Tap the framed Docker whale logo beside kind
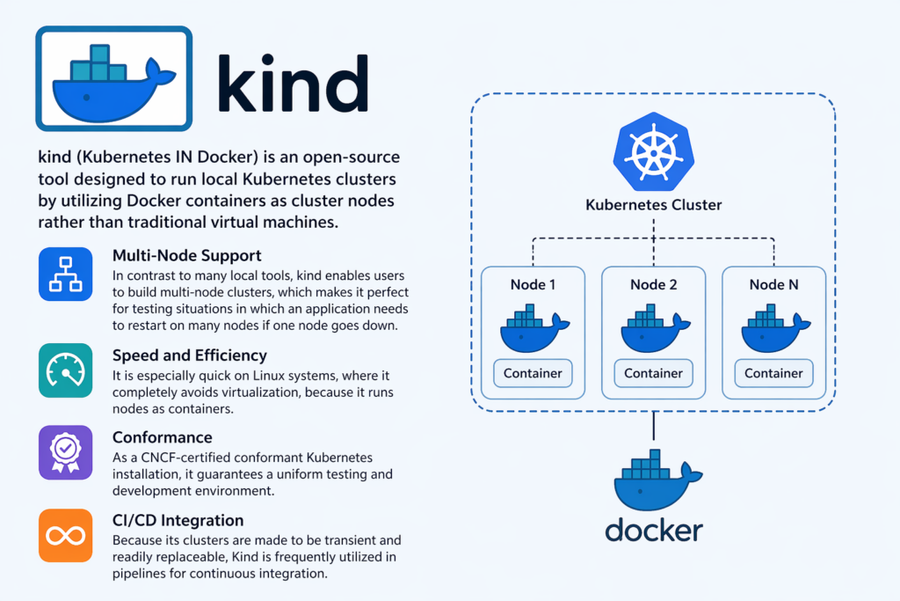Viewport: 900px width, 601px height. [x=113, y=79]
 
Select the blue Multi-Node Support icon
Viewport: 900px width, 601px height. [x=65, y=274]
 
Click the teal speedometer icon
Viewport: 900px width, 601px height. [x=65, y=370]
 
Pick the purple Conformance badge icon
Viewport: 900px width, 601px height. [x=65, y=452]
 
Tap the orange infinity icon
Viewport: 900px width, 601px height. [x=65, y=535]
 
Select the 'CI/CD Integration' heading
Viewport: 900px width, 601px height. [x=178, y=521]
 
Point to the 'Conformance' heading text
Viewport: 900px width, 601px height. [x=162, y=437]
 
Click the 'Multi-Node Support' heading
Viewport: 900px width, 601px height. [x=186, y=256]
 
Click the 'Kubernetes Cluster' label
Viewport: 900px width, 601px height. [x=653, y=206]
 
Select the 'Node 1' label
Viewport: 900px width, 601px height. [x=533, y=285]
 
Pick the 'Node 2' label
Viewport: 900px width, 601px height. [x=653, y=285]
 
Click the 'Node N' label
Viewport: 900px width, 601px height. [x=773, y=285]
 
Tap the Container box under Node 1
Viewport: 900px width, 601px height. [x=533, y=373]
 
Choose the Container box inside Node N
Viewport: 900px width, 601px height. [x=773, y=373]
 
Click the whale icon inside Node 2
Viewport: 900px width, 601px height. [x=653, y=329]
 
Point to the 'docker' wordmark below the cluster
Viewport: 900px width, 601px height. [x=653, y=531]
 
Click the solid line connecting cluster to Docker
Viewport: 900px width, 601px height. [x=653, y=427]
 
